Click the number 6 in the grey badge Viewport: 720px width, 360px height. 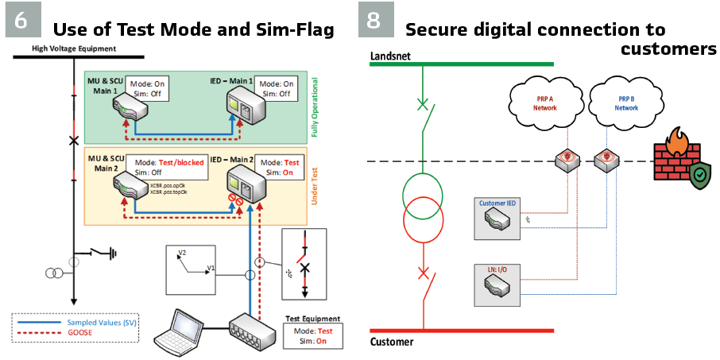[21, 20]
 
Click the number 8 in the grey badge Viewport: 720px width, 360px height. [374, 20]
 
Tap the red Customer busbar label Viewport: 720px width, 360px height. [392, 343]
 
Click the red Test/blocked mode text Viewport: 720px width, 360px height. [180, 162]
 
